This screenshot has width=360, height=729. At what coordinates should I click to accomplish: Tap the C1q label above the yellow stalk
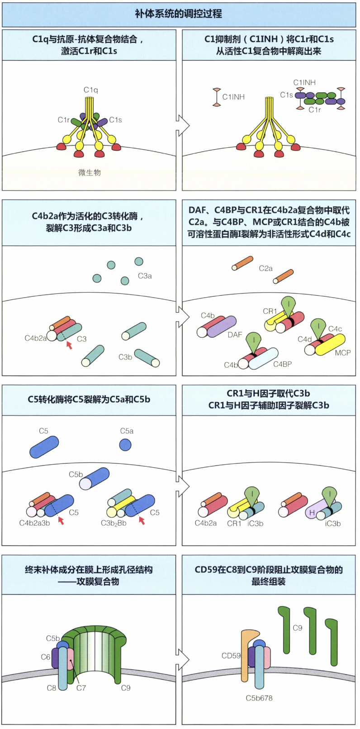[90, 90]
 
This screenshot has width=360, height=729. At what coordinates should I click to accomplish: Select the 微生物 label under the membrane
[90, 172]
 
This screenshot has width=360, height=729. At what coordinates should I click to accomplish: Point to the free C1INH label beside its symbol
[233, 97]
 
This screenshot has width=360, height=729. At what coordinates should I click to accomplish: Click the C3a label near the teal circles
[145, 275]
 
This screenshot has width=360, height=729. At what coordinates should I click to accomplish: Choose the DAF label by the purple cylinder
[235, 335]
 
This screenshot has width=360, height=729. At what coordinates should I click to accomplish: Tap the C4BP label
[282, 364]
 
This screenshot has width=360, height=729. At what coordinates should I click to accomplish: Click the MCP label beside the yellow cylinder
[342, 352]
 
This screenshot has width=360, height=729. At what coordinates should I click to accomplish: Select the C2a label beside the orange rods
[265, 268]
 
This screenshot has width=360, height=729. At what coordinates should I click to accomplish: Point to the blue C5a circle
[125, 445]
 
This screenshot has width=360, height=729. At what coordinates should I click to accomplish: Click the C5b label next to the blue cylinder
[76, 474]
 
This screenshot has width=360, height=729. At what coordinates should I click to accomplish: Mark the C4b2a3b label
[34, 523]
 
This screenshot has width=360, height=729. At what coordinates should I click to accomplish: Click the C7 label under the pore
[81, 688]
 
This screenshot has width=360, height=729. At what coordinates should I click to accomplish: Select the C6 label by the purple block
[46, 657]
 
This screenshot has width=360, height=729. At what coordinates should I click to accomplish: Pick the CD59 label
[231, 655]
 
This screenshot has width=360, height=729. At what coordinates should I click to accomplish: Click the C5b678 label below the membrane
[259, 698]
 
